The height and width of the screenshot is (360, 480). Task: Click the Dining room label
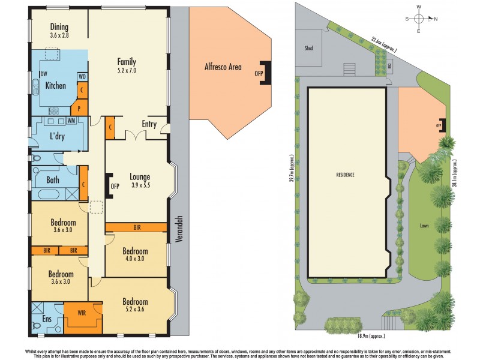tap(59, 27)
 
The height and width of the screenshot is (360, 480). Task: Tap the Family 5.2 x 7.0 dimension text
tap(127, 70)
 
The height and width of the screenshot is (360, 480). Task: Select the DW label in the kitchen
tap(44, 74)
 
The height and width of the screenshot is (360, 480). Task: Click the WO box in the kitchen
tap(82, 77)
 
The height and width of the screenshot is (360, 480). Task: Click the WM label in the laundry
tap(71, 121)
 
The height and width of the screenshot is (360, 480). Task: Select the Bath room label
tap(53, 179)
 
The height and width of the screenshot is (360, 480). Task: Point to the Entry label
tap(149, 124)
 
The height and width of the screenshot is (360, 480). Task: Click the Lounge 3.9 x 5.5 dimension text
tap(139, 185)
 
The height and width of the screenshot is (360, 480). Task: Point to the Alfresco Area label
tap(223, 67)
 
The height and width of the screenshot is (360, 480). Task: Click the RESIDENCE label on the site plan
tap(345, 175)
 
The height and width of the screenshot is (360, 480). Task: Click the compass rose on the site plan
tap(418, 19)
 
